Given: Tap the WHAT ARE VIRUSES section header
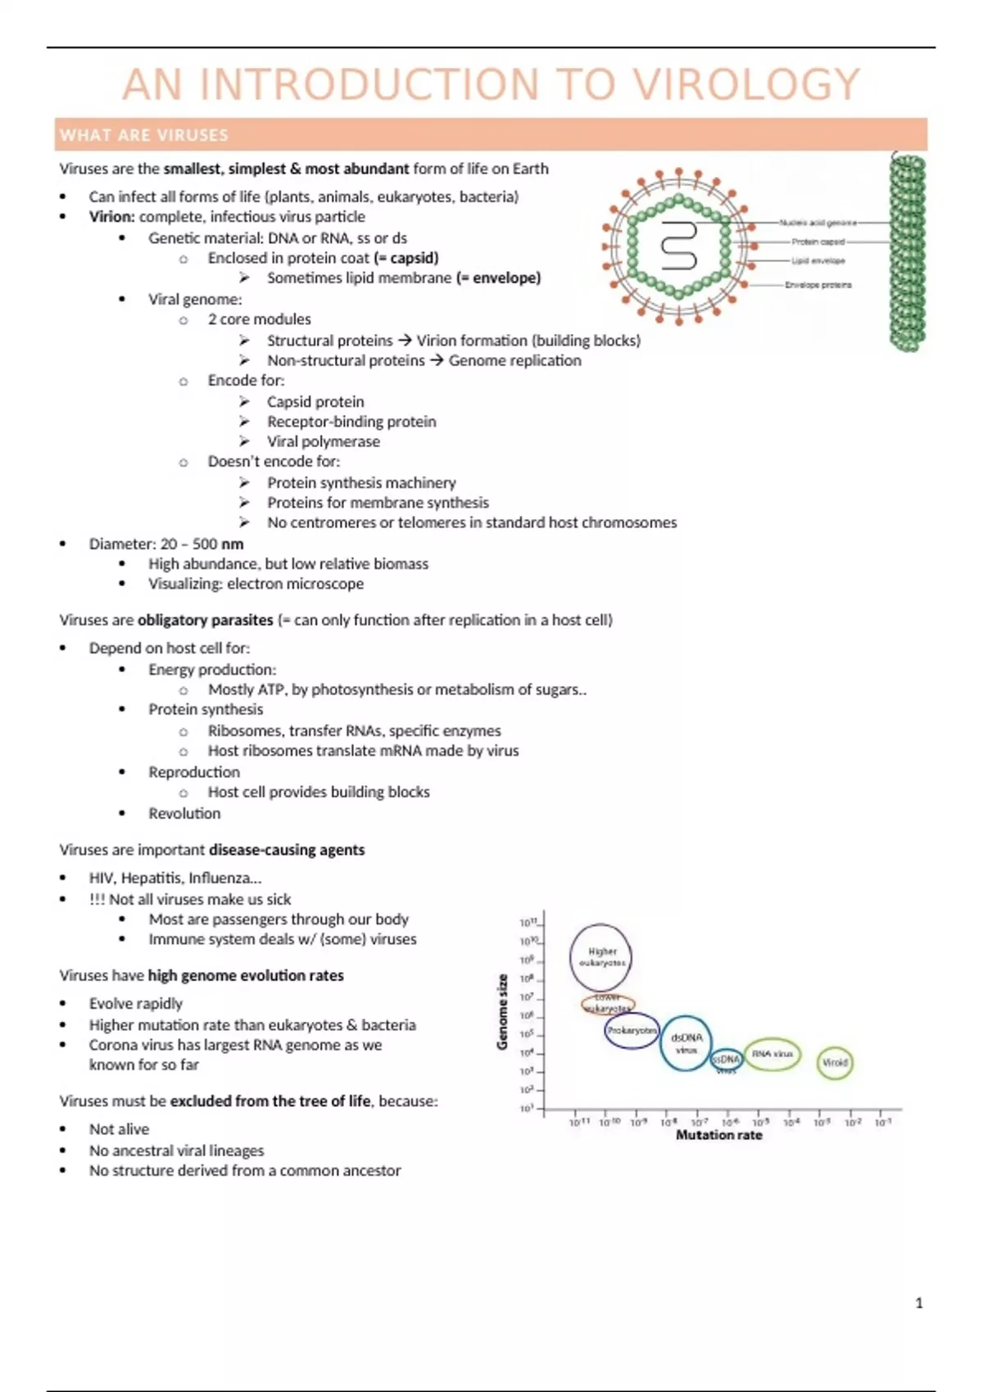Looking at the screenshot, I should (x=144, y=135).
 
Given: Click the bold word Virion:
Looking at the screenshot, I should (x=111, y=217).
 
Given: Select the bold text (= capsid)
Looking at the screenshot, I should (x=405, y=258).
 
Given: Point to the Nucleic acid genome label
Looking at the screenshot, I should (x=818, y=223).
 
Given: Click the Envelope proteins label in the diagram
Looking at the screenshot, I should (x=818, y=285).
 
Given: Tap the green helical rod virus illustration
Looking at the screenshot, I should (x=908, y=254).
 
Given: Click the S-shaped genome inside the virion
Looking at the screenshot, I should (x=678, y=246).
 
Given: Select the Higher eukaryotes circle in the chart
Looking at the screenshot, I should (x=601, y=956).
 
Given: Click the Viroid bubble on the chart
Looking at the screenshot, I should (x=835, y=1063).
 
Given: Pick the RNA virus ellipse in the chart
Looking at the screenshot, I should (x=772, y=1055).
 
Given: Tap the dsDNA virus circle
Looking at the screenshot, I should (x=686, y=1043).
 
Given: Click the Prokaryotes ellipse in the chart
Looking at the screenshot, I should (x=632, y=1030).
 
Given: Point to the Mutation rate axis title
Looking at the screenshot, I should (x=718, y=1135).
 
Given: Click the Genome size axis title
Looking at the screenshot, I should (x=503, y=1011).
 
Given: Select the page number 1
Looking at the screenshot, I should (x=919, y=1303).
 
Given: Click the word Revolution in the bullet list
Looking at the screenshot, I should (x=184, y=813).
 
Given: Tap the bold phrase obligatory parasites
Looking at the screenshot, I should (x=205, y=620).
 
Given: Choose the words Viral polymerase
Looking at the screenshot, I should (x=324, y=441).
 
